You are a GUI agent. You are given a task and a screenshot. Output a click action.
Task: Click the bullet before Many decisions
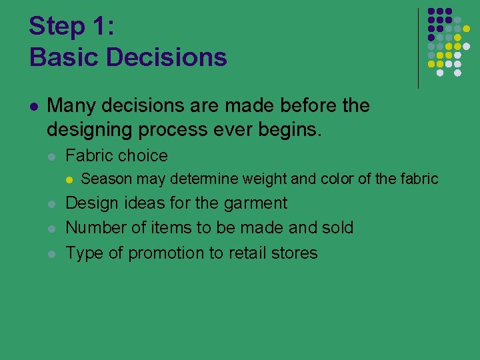[x=33, y=107]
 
